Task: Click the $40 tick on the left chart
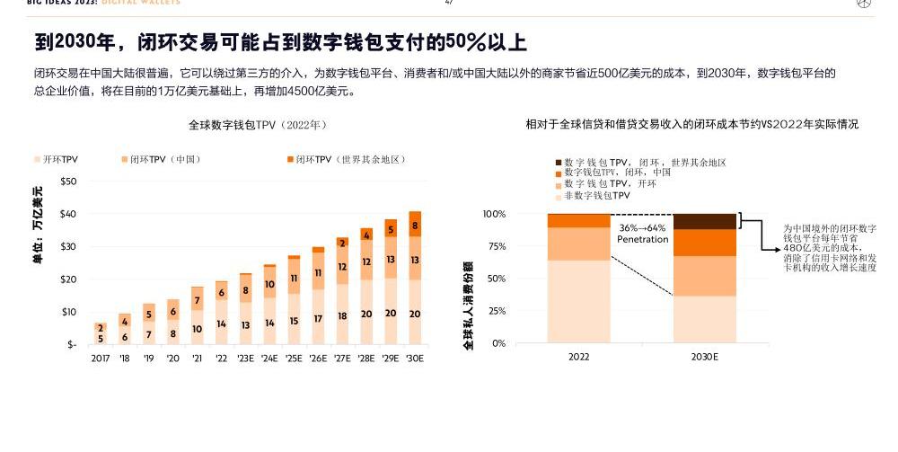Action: (x=68, y=214)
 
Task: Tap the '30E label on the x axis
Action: (x=414, y=358)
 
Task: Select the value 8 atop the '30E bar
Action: (x=414, y=226)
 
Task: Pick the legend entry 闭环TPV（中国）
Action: (x=164, y=160)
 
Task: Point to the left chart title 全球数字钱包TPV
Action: (x=257, y=125)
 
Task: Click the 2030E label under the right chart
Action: (x=704, y=357)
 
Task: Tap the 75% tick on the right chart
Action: (x=520, y=246)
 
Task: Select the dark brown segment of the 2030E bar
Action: (x=704, y=221)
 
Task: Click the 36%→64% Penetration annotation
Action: (x=642, y=234)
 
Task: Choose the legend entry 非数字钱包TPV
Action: (x=596, y=195)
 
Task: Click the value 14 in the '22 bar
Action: (x=221, y=323)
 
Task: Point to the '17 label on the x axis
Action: (x=101, y=358)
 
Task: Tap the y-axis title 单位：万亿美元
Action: (x=37, y=225)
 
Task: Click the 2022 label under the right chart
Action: (x=579, y=357)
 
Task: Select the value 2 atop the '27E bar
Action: (x=342, y=244)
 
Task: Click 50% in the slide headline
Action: (x=465, y=42)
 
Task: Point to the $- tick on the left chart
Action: (x=71, y=344)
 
